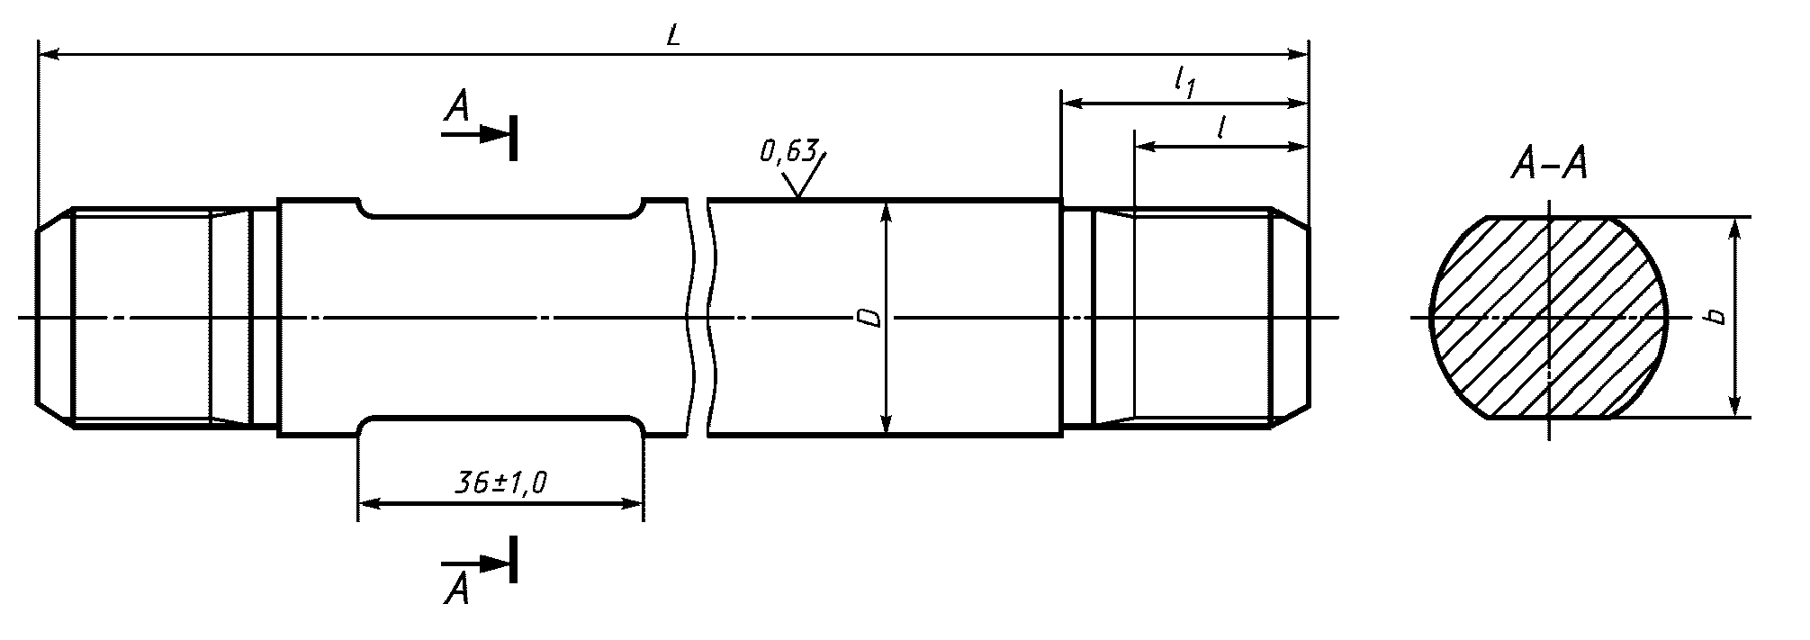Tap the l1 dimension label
(1184, 84)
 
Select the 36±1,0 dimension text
(501, 485)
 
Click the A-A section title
(1548, 166)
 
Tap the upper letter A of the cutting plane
(457, 109)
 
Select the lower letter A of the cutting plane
(457, 590)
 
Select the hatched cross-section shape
(1548, 318)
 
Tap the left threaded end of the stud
(144, 318)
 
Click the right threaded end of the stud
(1197, 318)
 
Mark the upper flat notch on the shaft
(501, 209)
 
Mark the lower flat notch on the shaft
(501, 425)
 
